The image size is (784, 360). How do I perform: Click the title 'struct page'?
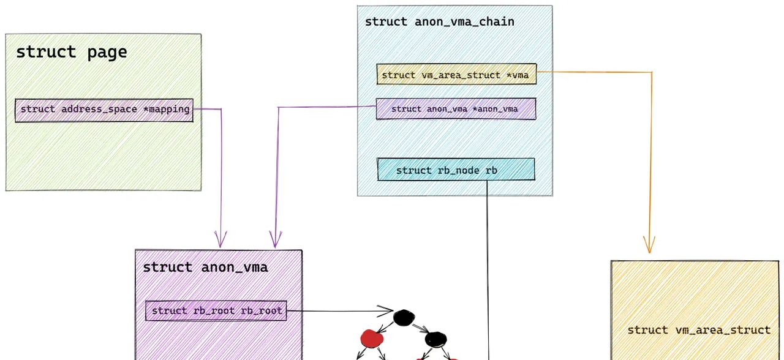click(x=71, y=52)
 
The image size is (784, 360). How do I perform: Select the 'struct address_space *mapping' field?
click(x=104, y=110)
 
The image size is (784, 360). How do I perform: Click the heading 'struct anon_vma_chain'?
click(x=439, y=22)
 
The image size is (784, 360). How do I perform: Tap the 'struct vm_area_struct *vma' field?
click(x=456, y=75)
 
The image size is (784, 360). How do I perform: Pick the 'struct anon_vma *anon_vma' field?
click(x=455, y=109)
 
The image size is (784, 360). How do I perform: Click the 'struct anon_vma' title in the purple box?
click(x=205, y=267)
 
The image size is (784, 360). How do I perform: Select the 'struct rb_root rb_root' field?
click(x=216, y=310)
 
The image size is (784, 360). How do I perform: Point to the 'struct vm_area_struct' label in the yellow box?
click(x=698, y=330)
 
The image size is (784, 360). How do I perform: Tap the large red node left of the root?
click(x=371, y=337)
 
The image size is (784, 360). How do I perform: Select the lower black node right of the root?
click(x=435, y=339)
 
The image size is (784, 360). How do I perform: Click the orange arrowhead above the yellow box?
click(x=649, y=247)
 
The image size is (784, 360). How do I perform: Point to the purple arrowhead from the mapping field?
click(x=221, y=240)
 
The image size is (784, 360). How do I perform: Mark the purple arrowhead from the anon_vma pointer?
click(x=275, y=240)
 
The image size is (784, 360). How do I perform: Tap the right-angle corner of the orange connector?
click(x=650, y=73)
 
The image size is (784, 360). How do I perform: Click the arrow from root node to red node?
click(x=385, y=326)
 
